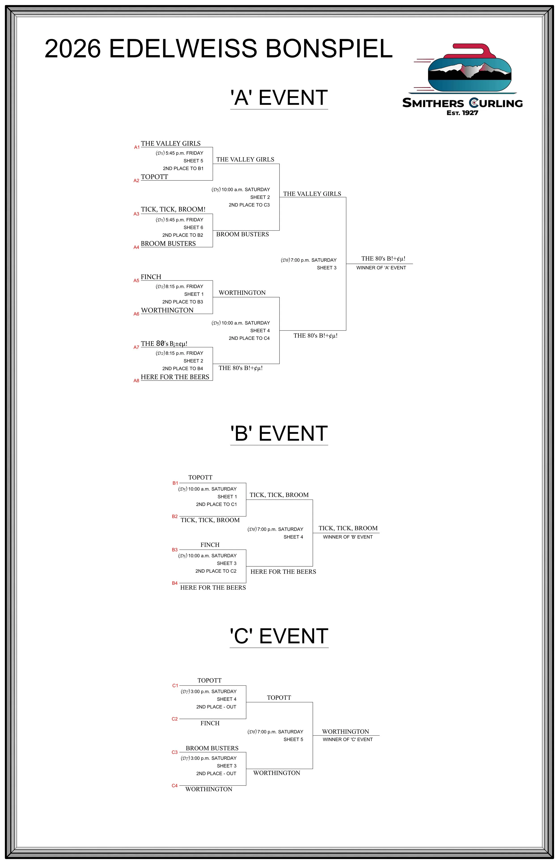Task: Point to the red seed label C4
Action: click(175, 786)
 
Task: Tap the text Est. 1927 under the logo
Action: click(462, 113)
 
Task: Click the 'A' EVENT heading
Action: click(279, 98)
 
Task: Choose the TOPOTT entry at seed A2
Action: click(154, 177)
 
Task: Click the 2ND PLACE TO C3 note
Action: click(249, 205)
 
